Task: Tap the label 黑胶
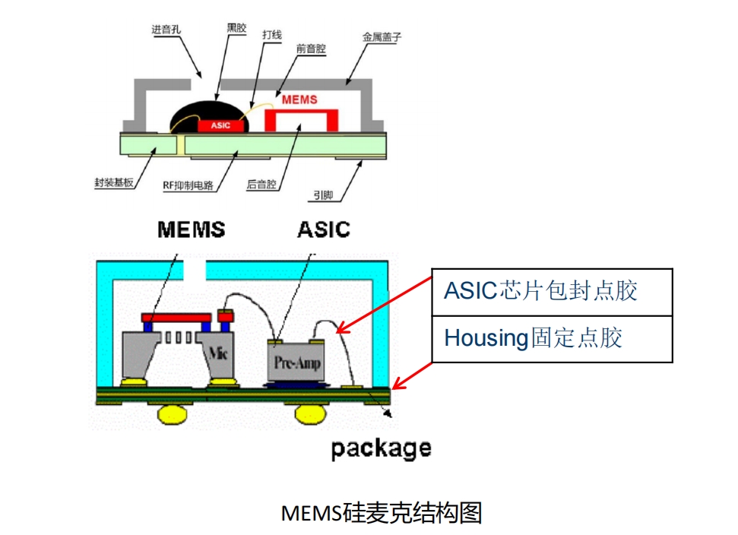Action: (236, 27)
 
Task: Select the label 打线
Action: (271, 35)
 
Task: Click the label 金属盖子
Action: (382, 36)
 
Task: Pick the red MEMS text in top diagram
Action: (299, 100)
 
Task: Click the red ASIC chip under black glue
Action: (220, 125)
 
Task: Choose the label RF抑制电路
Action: (189, 184)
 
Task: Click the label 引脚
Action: (323, 195)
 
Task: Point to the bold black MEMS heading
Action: (192, 229)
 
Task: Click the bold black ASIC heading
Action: (324, 229)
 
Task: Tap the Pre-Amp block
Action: (296, 362)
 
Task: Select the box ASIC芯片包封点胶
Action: (552, 291)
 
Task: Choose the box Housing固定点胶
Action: (552, 338)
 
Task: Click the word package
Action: (381, 448)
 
